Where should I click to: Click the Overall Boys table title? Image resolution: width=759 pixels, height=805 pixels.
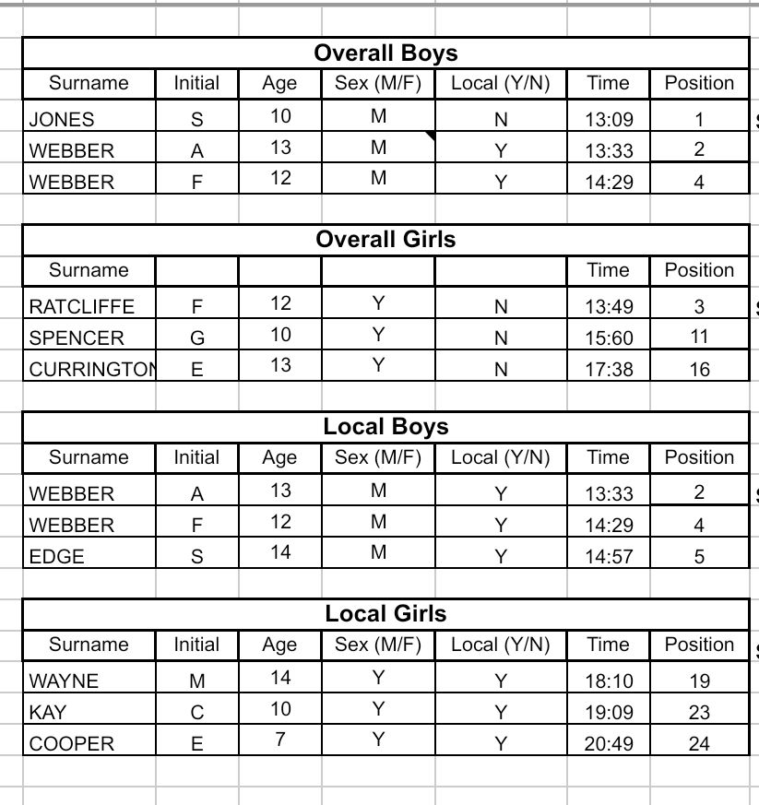[x=385, y=53]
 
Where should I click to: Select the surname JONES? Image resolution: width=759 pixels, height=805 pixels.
[x=62, y=119]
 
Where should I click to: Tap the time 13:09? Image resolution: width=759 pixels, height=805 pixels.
[x=609, y=119]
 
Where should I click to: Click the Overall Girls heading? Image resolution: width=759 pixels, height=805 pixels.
[x=385, y=240]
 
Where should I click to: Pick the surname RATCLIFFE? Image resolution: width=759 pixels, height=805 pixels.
[x=82, y=306]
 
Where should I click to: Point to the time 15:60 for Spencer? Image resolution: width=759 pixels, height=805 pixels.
[x=609, y=338]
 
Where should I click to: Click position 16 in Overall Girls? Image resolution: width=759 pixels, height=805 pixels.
[x=699, y=370]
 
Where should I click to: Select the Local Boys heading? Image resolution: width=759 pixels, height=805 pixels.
[x=385, y=427]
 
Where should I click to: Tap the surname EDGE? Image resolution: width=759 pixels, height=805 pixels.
[x=57, y=556]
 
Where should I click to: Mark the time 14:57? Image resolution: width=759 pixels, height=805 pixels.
[x=609, y=556]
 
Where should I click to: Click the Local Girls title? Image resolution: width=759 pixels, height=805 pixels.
[x=385, y=613]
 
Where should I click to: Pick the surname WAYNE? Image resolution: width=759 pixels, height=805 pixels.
[x=64, y=682]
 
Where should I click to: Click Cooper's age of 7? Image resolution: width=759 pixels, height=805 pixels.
[x=279, y=740]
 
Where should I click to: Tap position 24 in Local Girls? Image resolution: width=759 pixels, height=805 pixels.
[x=699, y=743]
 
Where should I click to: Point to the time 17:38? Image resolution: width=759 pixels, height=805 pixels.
[x=609, y=370]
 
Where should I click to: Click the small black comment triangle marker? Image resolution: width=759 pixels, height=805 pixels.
[x=431, y=136]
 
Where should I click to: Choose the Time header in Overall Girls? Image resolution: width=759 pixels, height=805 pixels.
[x=608, y=270]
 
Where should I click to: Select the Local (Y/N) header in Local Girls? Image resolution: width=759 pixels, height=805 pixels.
[x=500, y=645]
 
